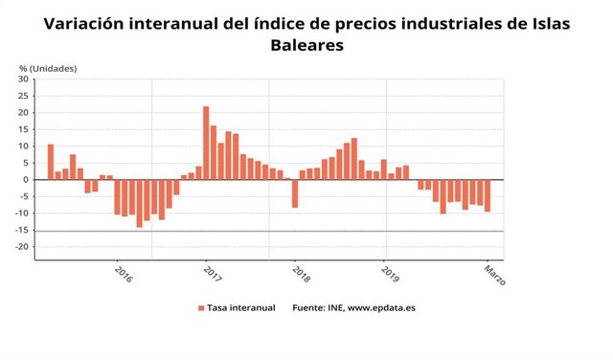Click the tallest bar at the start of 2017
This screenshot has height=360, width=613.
coord(206,143)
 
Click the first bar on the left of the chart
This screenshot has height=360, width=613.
coord(51,162)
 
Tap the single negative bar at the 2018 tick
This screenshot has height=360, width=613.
coord(295,193)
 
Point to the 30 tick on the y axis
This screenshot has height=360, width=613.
coord(24,79)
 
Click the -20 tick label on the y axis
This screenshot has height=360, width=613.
coord(22,247)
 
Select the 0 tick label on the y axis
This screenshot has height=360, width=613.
coord(27,180)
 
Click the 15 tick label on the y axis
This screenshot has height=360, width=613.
coord(24,129)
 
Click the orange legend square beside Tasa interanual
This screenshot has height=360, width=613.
coord(201,307)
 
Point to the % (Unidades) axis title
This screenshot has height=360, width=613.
coord(48,68)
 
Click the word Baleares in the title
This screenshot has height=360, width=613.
coord(306,44)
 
